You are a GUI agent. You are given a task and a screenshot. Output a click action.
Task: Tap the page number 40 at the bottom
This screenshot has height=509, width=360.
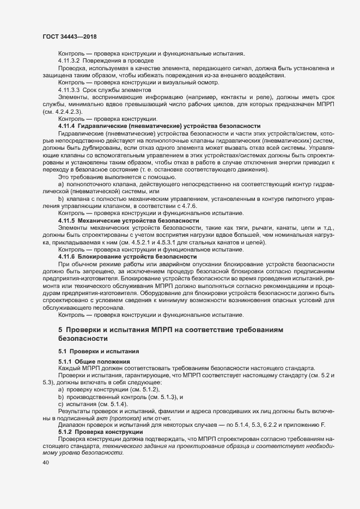coord(45,463)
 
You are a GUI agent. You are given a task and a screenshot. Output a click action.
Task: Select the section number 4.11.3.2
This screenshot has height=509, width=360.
coord(69,61)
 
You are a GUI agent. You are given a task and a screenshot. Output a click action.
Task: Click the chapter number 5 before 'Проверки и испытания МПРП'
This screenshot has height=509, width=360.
coord(60,330)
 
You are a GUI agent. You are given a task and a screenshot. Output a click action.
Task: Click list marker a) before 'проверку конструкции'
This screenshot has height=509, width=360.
coord(61,390)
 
